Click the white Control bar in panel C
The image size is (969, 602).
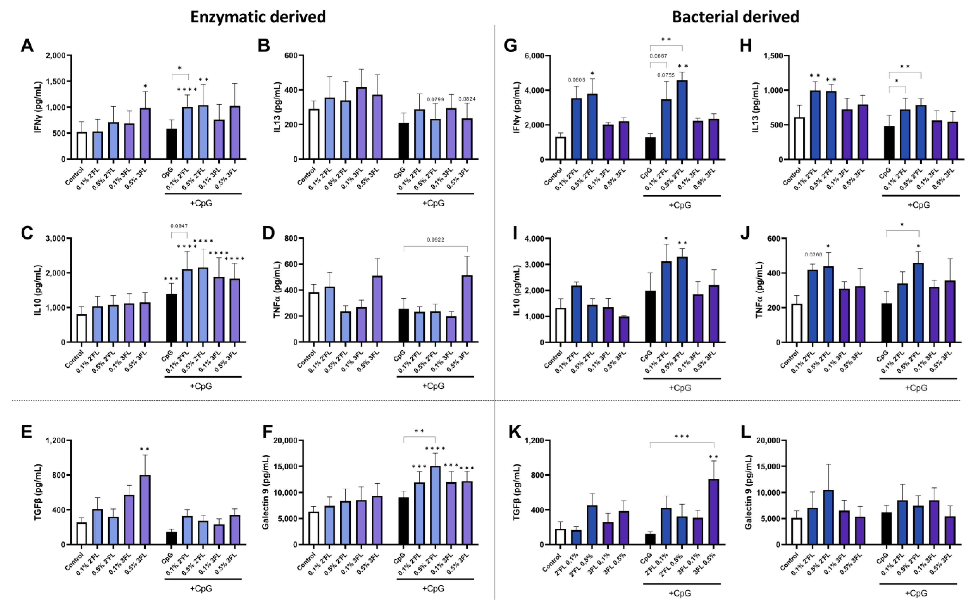pos(82,328)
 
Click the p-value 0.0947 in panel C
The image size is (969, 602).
pos(179,226)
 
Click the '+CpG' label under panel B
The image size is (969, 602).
pos(433,203)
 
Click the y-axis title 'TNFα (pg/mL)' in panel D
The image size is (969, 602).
pos(278,290)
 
